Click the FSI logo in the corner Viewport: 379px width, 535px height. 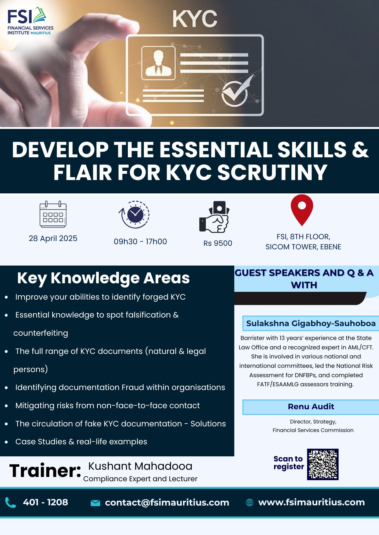click(30, 21)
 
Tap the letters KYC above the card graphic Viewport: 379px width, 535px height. click(195, 19)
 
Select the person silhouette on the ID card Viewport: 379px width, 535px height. click(158, 63)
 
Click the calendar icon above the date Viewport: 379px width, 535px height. click(53, 214)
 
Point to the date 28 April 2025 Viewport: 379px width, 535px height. click(53, 238)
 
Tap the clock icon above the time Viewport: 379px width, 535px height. click(134, 215)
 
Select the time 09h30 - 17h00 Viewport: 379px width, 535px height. click(140, 242)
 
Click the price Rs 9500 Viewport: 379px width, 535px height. click(218, 243)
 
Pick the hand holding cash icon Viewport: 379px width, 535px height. click(214, 217)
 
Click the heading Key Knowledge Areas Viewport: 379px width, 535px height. click(103, 278)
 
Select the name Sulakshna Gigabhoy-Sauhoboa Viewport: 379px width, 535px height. click(311, 323)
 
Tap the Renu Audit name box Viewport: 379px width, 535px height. click(311, 407)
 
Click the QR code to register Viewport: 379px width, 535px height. click(323, 464)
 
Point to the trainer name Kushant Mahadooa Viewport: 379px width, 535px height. click(140, 466)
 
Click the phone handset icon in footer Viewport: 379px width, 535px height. click(10, 502)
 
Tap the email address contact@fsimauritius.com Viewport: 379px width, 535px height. click(167, 503)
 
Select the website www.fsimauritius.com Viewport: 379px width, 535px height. click(311, 502)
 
